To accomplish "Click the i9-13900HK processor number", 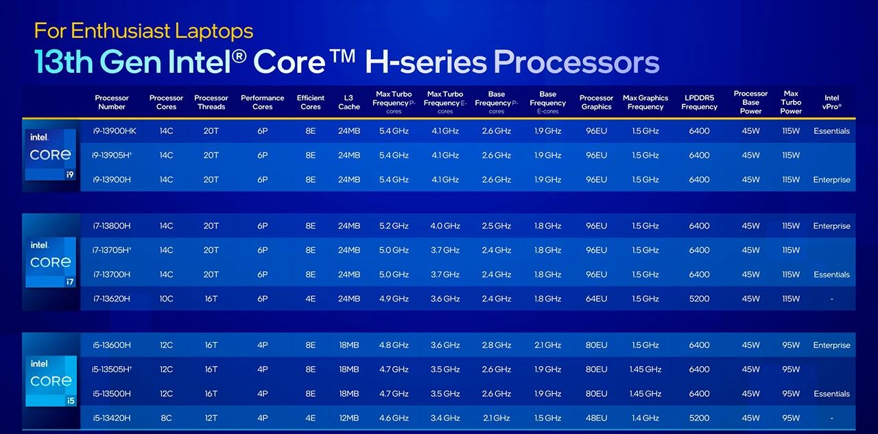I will [115, 131].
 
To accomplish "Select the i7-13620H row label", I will [111, 299].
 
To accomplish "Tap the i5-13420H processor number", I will [111, 418].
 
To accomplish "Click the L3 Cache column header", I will [348, 102].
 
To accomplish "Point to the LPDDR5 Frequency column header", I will [699, 102].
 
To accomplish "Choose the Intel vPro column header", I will [831, 102].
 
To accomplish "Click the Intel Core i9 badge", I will [50, 155].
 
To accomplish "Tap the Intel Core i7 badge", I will [50, 262].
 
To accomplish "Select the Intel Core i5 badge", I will [50, 380].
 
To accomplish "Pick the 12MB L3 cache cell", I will [348, 418].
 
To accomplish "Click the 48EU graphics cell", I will [596, 418].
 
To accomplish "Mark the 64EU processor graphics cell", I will [596, 299].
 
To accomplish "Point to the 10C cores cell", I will [166, 299].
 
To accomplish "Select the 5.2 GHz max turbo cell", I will [394, 226].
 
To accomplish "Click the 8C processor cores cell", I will [166, 418].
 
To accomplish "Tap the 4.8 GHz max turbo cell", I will [394, 345].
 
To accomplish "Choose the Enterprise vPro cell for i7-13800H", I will [831, 226].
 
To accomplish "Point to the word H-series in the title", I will [425, 62].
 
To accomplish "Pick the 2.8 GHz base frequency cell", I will [497, 345].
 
